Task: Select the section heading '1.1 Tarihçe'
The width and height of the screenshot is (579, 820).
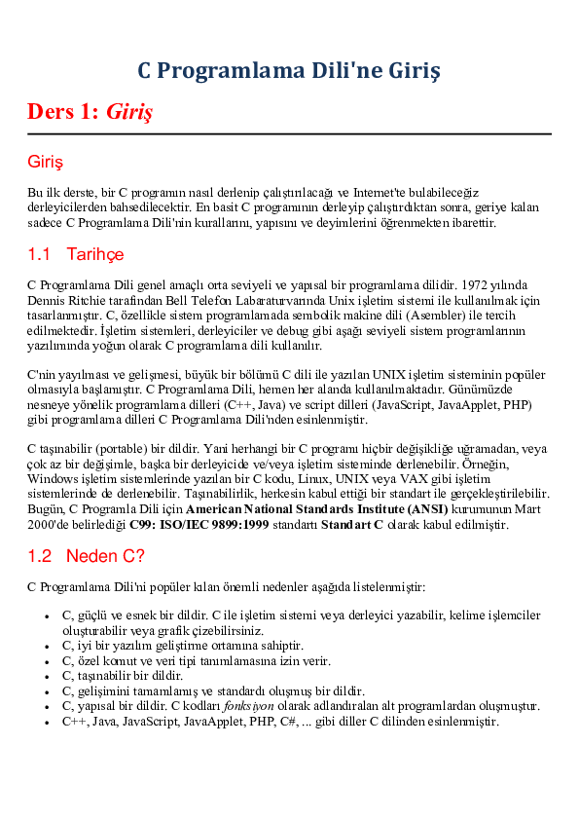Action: tap(76, 254)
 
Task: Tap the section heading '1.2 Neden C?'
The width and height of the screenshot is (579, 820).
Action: tap(87, 556)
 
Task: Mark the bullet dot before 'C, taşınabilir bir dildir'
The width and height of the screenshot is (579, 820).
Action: tap(49, 675)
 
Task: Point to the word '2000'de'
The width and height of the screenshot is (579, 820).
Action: tap(50, 525)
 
